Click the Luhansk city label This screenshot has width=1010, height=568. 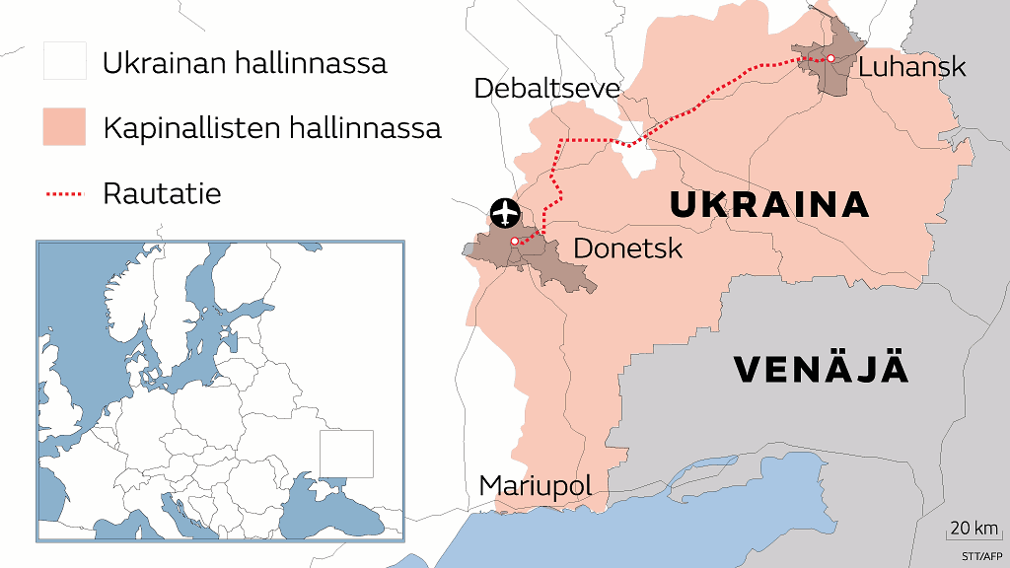(x=912, y=67)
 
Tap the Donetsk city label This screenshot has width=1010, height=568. (x=627, y=248)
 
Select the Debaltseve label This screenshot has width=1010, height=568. (x=546, y=88)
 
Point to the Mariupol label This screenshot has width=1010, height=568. (x=536, y=485)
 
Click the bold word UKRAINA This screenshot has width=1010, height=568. (x=769, y=205)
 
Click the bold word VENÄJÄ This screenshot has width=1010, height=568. (x=821, y=370)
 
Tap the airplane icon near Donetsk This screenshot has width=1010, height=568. (x=505, y=211)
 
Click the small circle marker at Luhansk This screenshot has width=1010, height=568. (x=830, y=59)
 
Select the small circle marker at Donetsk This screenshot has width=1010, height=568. (x=514, y=241)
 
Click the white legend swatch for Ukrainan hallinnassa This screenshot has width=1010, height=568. (x=64, y=63)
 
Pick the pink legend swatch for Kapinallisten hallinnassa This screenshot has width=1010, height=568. (x=64, y=128)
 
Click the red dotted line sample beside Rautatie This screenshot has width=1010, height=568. (x=64, y=194)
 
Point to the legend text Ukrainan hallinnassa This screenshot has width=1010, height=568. (x=245, y=64)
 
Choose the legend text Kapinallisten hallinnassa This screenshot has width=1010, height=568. (x=271, y=128)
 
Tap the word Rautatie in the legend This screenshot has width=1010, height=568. (x=162, y=193)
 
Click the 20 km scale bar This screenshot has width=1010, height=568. (x=973, y=537)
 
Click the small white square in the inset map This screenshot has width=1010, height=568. (x=346, y=454)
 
